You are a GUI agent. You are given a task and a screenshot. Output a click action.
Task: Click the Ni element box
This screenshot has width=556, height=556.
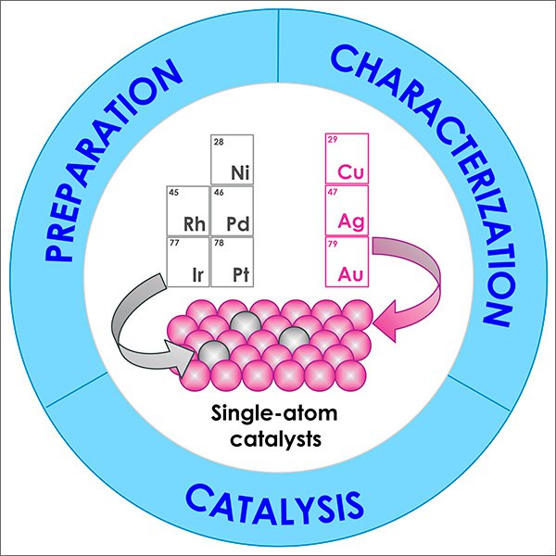click(x=233, y=159)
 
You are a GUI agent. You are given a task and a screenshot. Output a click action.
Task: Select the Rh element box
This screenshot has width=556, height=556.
click(x=188, y=211)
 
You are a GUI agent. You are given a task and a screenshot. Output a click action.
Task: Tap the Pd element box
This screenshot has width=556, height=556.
click(x=233, y=211)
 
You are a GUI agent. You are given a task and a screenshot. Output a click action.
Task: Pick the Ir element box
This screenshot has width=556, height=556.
click(x=188, y=262)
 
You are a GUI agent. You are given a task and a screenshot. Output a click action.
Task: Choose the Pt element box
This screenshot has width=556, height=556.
click(x=233, y=262)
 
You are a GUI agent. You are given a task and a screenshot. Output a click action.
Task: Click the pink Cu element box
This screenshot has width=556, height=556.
click(x=347, y=158)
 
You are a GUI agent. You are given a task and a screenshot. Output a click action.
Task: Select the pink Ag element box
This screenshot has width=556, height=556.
click(x=347, y=210)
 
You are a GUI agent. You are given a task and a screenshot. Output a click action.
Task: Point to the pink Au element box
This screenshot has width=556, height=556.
click(x=347, y=262)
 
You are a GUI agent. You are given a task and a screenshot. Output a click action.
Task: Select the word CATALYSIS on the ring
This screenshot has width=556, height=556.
click(x=275, y=504)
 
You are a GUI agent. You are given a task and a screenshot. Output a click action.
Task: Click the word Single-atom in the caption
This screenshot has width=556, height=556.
click(x=274, y=414)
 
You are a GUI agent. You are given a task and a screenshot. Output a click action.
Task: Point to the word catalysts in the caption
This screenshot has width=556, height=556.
click(x=276, y=438)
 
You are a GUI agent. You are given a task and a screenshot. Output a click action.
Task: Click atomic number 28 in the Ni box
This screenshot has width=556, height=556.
click(x=219, y=142)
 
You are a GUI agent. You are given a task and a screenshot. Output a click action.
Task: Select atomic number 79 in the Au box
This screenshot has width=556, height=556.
click(x=333, y=244)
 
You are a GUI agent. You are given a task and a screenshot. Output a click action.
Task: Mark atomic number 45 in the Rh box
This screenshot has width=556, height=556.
click(x=174, y=193)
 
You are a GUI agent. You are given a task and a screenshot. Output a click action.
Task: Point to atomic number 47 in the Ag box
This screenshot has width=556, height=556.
click(x=333, y=192)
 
